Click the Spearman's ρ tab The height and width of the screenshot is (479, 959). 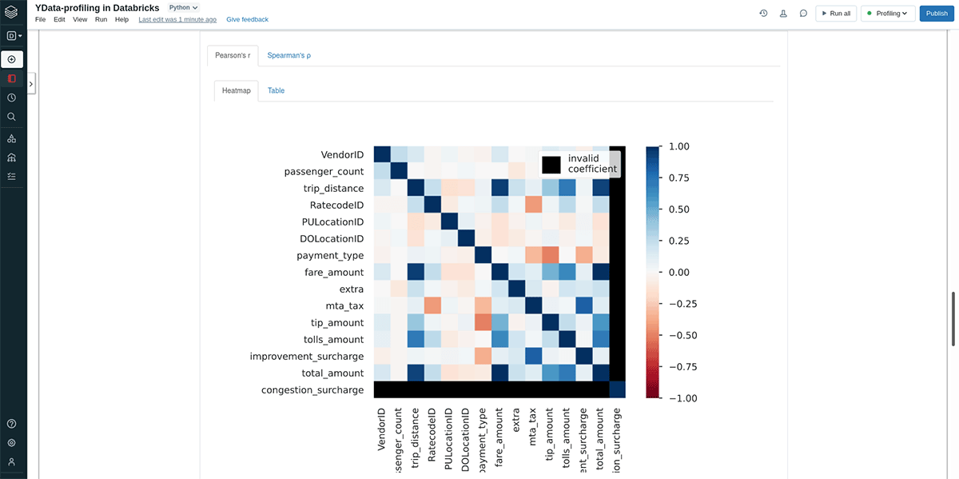point(288,56)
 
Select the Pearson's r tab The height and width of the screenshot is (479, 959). point(233,56)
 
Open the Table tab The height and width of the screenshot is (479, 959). point(276,91)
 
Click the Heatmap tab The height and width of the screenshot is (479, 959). point(236,91)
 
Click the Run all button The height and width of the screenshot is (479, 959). point(835,14)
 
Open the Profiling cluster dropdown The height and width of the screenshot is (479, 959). point(887,14)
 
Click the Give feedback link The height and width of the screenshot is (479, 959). point(247,19)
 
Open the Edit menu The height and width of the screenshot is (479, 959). point(59,19)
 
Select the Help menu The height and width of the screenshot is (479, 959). point(121,19)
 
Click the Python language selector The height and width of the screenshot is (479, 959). point(183,7)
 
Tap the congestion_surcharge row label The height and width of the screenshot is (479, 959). point(312,390)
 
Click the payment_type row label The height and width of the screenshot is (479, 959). point(330,256)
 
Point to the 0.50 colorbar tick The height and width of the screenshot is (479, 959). point(678,210)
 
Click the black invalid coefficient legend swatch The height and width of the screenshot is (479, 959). point(551,164)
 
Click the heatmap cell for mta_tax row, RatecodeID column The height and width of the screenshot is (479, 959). point(432,305)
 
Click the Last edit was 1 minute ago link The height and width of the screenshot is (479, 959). point(177,19)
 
